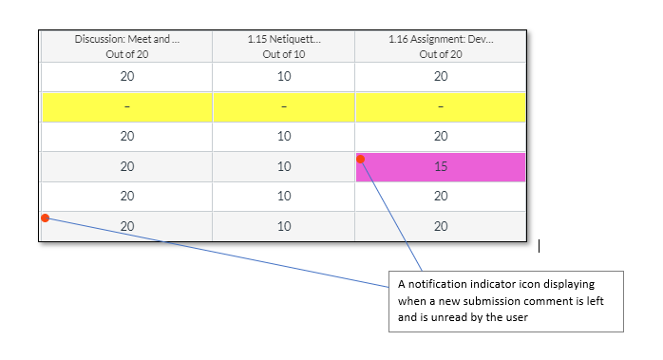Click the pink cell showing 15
pos(441,166)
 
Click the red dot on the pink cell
pos(361,160)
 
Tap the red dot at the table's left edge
pos(45,218)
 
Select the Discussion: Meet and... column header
pos(127,47)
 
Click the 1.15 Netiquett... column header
pos(283,47)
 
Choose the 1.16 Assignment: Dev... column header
pos(440,47)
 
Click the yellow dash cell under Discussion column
pos(127,106)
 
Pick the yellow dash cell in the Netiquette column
pos(283,106)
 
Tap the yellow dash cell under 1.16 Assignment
pos(440,106)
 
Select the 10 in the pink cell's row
pos(283,166)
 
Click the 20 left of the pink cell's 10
pos(127,166)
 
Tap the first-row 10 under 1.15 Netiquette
pos(283,77)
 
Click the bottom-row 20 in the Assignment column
pos(440,226)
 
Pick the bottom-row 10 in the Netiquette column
pos(283,226)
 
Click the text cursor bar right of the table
pos(540,246)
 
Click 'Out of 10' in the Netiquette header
pos(283,54)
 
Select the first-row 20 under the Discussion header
pos(127,77)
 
